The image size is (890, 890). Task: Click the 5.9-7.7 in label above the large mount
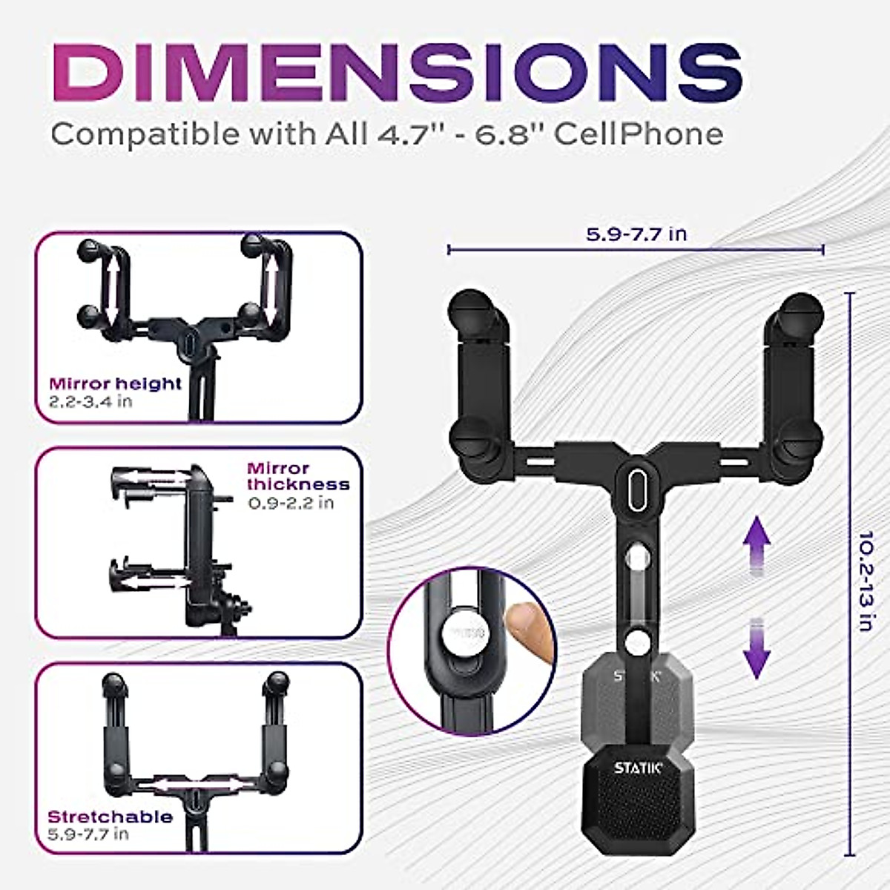(x=636, y=234)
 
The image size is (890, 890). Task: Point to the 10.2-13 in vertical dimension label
(x=864, y=580)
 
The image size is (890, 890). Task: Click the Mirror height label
(x=115, y=383)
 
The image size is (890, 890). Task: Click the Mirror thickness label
(x=297, y=476)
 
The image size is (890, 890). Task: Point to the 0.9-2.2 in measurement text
(x=290, y=503)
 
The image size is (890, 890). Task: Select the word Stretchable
(x=110, y=817)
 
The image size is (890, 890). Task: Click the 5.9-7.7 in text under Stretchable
(x=88, y=834)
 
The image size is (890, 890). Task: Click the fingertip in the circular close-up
(x=530, y=630)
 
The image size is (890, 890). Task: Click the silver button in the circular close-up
(x=464, y=634)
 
